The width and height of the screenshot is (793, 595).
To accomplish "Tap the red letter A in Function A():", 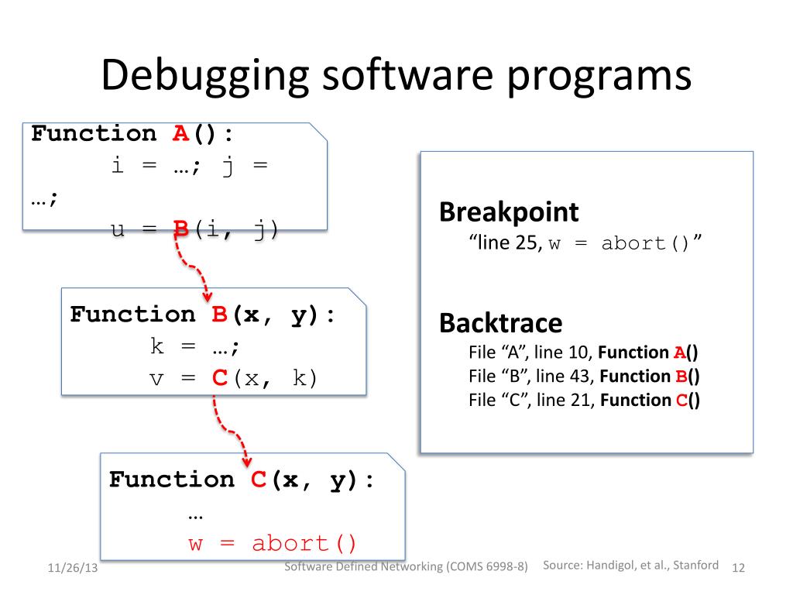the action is tap(180, 133).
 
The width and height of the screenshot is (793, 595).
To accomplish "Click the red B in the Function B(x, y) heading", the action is tap(219, 315).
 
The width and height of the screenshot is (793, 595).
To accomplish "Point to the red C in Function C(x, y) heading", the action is tap(259, 480).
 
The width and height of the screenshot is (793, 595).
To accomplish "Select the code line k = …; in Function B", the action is tap(195, 346).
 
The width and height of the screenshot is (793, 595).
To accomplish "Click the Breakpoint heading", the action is tap(509, 212).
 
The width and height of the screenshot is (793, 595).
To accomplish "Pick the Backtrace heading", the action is tap(500, 323).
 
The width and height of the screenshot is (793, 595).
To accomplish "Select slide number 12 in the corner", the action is tap(737, 569).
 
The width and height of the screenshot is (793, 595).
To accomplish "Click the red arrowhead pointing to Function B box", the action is tap(208, 296).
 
